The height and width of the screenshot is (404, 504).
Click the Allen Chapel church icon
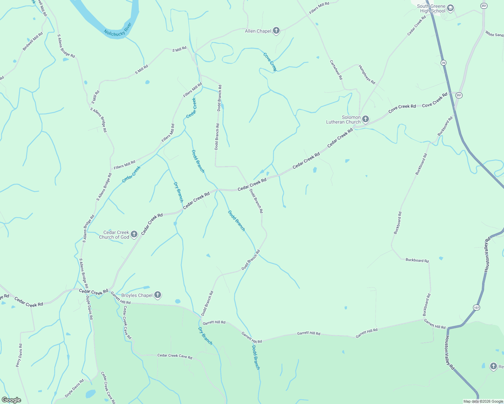coord(276,31)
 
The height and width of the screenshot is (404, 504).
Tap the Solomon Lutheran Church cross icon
coord(366,119)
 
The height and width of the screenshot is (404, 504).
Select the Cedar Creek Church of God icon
coord(134,234)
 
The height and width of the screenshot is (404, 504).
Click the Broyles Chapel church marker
coord(158,295)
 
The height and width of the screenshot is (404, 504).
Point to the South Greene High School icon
coord(451,8)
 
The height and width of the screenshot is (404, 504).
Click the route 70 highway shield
coord(443,63)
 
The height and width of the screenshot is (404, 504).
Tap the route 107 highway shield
coord(476,307)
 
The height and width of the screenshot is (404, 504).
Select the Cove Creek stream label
coord(270,62)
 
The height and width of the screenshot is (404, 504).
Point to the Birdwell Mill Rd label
coord(33,41)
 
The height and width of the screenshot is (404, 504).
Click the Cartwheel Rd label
coord(336,70)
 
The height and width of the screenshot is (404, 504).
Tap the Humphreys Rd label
coord(367,74)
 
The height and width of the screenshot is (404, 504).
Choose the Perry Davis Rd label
coord(19,355)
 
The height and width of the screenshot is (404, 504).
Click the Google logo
coord(11,400)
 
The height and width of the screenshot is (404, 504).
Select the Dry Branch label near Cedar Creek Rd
coord(178,192)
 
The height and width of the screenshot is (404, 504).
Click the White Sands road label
coord(494,34)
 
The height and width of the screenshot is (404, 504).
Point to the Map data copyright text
coord(483,401)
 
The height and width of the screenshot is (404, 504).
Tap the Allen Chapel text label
coord(258,31)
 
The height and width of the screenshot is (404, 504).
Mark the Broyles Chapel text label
coord(137,295)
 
